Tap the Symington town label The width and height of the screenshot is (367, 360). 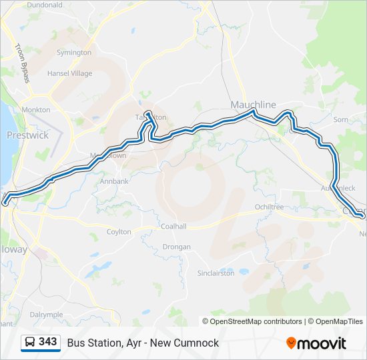[x=74, y=52]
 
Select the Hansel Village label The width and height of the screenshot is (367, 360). [x=69, y=73]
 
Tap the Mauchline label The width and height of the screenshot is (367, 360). [x=253, y=105]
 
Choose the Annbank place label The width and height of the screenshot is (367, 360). [x=114, y=181]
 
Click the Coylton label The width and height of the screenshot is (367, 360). [x=119, y=232]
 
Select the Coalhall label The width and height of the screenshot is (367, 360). [x=173, y=227]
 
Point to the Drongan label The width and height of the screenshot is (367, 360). [x=177, y=247]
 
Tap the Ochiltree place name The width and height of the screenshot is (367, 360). [x=270, y=207]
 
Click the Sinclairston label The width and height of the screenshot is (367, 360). [x=216, y=273]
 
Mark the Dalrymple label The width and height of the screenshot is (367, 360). [x=46, y=314]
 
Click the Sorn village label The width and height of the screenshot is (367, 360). [x=340, y=120]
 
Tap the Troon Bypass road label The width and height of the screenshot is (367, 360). [x=22, y=63]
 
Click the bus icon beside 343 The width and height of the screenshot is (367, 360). [x=30, y=343]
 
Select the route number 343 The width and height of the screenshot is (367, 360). [x=48, y=342]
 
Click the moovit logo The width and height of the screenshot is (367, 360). [x=316, y=343]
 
